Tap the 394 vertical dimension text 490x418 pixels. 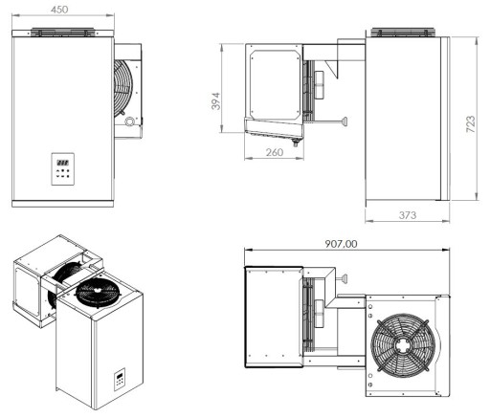pos(217,99)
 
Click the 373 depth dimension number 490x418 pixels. pos(408,217)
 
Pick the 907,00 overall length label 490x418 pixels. pos(340,244)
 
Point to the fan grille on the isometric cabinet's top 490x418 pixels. pos(99,293)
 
